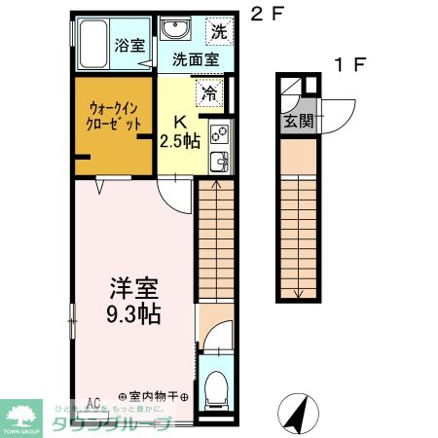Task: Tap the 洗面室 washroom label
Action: [195, 58]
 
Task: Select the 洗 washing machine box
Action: [220, 31]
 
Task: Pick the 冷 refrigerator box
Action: [210, 94]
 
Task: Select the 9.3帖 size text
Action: [134, 314]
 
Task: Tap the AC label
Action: [94, 401]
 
